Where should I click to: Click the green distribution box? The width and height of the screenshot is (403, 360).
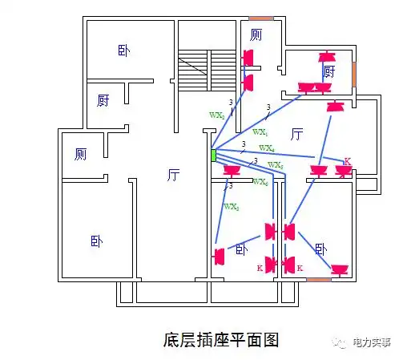(x=213, y=155)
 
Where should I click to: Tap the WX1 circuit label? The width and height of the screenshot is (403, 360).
(x=260, y=131)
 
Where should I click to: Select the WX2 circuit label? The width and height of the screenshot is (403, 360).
(x=216, y=115)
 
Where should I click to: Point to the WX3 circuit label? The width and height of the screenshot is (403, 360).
(x=231, y=207)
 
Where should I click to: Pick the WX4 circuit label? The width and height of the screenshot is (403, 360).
(x=267, y=149)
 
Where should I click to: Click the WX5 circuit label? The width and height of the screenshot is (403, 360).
(x=275, y=165)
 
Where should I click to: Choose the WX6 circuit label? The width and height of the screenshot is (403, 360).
(x=260, y=182)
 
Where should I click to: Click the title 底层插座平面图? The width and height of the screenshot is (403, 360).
(x=220, y=339)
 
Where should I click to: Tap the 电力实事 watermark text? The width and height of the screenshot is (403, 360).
(x=372, y=342)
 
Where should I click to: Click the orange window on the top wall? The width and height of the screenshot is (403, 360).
(x=260, y=18)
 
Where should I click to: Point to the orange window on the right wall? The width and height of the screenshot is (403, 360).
(x=353, y=74)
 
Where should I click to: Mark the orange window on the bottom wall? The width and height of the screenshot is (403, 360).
(x=318, y=279)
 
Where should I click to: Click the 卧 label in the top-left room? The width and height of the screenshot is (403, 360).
(x=123, y=51)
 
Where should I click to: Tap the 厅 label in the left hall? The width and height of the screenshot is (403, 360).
(x=173, y=175)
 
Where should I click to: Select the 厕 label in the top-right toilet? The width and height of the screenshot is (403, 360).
(x=256, y=34)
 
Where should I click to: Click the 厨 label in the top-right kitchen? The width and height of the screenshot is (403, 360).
(x=328, y=71)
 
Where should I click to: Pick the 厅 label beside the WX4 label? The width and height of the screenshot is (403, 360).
(x=296, y=133)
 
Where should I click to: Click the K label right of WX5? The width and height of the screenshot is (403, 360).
(x=347, y=162)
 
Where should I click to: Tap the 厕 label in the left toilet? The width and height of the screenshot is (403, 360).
(x=80, y=153)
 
